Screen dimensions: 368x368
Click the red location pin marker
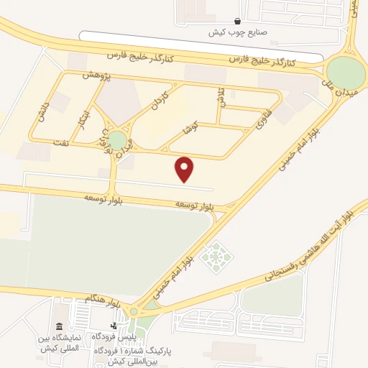185,169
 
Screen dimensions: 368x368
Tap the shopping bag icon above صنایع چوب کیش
238,22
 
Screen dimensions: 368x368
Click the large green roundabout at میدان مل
346,73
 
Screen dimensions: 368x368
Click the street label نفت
62,143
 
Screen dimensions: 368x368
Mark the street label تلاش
221,98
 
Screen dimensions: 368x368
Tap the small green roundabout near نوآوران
117,142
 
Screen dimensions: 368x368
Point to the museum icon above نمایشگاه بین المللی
58,326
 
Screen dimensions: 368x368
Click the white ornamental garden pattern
213,257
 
